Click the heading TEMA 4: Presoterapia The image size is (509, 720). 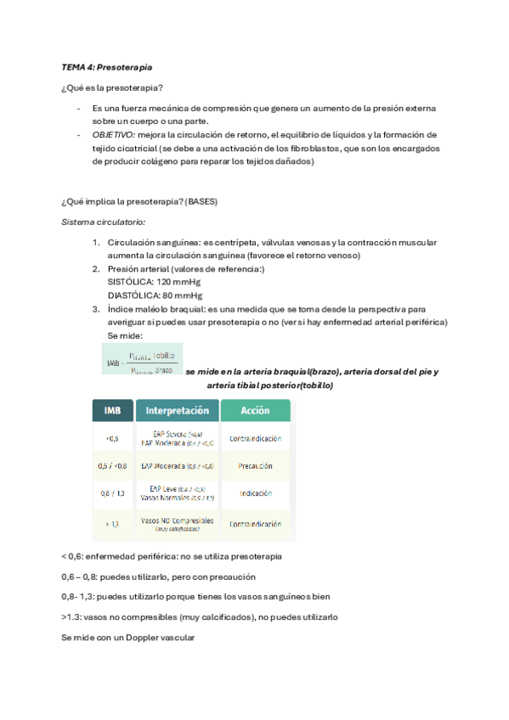pyautogui.click(x=107, y=66)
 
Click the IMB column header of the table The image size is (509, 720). pyautogui.click(x=112, y=410)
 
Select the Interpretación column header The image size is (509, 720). pyautogui.click(x=177, y=410)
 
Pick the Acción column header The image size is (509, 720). pyautogui.click(x=255, y=410)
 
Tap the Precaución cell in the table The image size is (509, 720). pyautogui.click(x=255, y=465)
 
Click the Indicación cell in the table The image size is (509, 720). pyautogui.click(x=255, y=494)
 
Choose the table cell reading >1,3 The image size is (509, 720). pyautogui.click(x=112, y=524)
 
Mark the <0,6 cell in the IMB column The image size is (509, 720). pyautogui.click(x=112, y=437)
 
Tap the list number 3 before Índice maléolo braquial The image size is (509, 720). pyautogui.click(x=97, y=309)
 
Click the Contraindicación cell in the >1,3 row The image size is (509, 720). pyautogui.click(x=255, y=524)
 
